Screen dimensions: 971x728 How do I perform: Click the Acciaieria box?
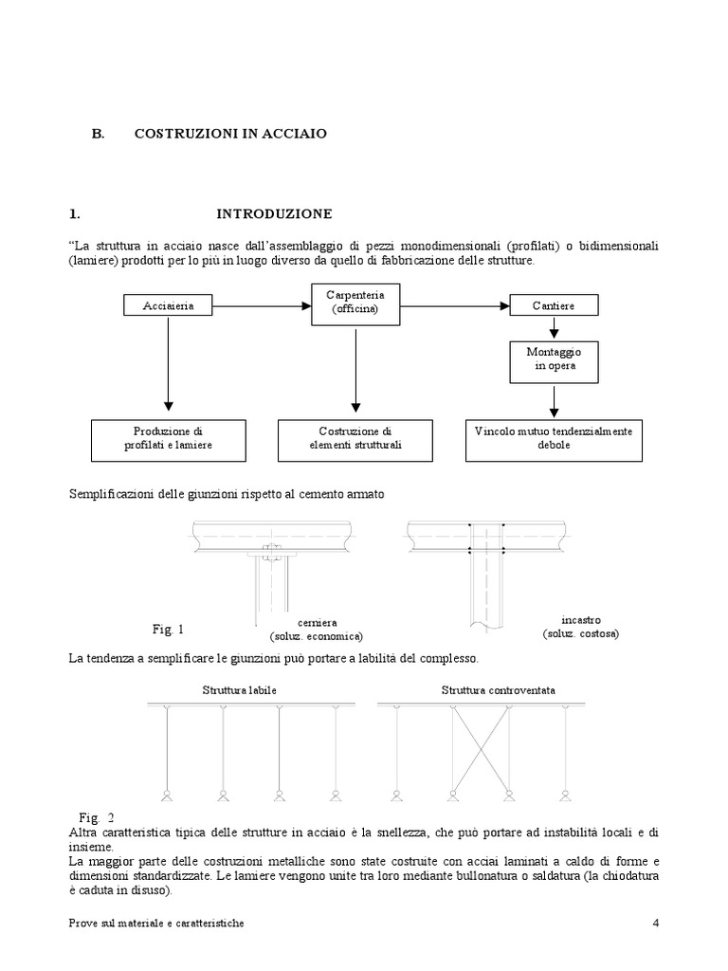coord(168,305)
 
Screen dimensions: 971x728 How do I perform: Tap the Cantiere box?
coord(555,305)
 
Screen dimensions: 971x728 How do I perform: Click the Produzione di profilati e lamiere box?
coord(168,437)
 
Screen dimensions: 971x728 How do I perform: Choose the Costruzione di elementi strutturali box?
coord(355,437)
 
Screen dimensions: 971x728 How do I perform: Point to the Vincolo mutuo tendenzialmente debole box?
coord(554,437)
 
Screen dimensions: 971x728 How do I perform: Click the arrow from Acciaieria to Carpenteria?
coord(262,304)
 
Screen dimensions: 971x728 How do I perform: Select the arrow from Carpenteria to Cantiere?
coord(453,304)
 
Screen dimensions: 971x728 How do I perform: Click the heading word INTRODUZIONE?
coord(274,213)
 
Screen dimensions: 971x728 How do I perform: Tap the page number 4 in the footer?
coord(656,924)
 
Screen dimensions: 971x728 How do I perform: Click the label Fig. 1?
coord(168,629)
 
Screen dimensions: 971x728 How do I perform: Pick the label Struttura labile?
coord(239,690)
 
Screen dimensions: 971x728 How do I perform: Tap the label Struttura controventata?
coord(486,690)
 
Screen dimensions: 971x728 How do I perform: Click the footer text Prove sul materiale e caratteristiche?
coord(156,924)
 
